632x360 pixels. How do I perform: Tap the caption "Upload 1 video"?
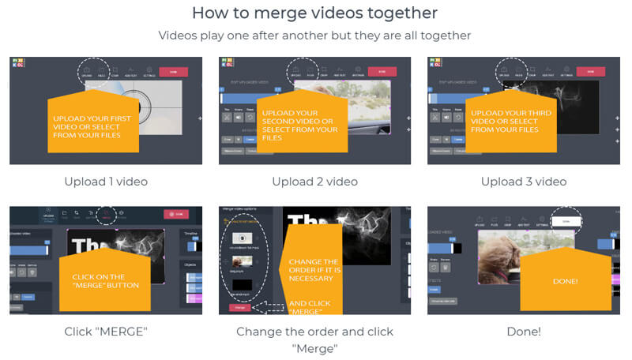pyautogui.click(x=105, y=182)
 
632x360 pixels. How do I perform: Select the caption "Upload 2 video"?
pyautogui.click(x=314, y=182)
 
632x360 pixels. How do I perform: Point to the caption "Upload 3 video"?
pyautogui.click(x=523, y=182)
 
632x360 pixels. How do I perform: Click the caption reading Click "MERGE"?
pyautogui.click(x=105, y=332)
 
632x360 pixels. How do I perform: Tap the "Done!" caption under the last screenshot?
pyautogui.click(x=523, y=332)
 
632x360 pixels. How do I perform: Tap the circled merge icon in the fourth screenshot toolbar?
pyautogui.click(x=107, y=214)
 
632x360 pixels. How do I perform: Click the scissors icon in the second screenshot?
pyautogui.click(x=227, y=117)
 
